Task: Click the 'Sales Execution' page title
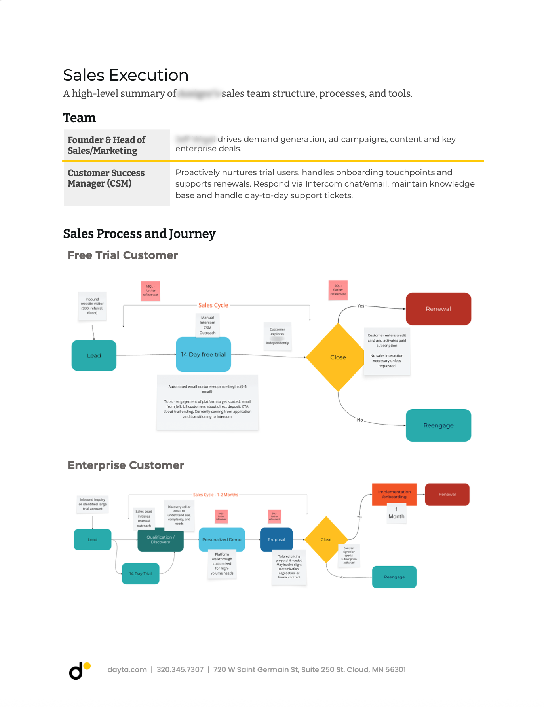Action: [x=126, y=75]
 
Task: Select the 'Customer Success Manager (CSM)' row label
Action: [x=106, y=178]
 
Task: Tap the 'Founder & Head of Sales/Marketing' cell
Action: [x=107, y=145]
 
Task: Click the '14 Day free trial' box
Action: [x=203, y=354]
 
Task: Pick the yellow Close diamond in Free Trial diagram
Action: [x=338, y=357]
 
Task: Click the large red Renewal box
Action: [x=438, y=309]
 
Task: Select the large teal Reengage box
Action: [x=438, y=425]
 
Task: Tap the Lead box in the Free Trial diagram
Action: [x=94, y=355]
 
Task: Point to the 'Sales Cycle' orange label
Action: [x=213, y=305]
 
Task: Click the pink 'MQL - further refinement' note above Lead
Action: [x=150, y=291]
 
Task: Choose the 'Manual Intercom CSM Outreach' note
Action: [x=207, y=325]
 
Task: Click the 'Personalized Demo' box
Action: [x=222, y=539]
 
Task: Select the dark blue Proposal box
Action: [x=276, y=539]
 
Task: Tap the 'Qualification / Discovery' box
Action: [x=160, y=539]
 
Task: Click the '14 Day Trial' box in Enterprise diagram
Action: [x=141, y=573]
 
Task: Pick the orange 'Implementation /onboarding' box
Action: [x=394, y=494]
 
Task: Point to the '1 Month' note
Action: [x=396, y=513]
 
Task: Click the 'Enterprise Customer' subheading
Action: [x=126, y=465]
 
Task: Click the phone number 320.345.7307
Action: [x=180, y=670]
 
